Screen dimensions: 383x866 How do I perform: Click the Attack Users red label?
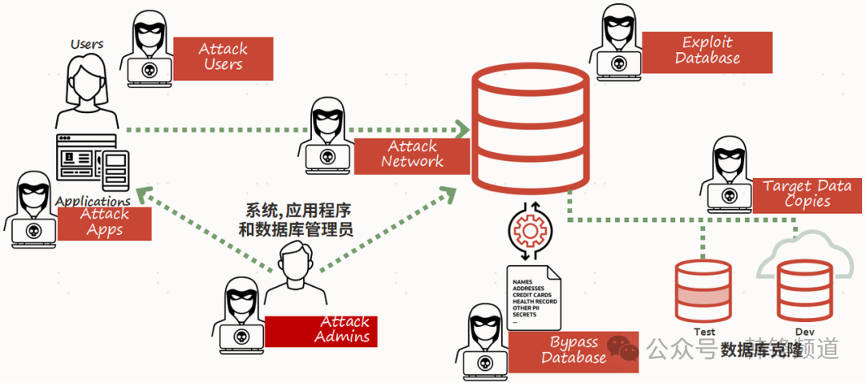pos(223,57)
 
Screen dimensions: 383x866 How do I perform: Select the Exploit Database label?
pos(707,52)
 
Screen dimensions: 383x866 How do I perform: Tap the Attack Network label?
pos(412,155)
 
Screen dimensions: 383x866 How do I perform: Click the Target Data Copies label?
pos(807,195)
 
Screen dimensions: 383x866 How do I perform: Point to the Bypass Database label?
pos(573,351)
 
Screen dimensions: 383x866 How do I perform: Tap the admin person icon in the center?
pos(295,276)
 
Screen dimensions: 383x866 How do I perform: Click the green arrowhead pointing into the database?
pos(462,129)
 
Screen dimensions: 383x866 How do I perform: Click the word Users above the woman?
pos(87,43)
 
